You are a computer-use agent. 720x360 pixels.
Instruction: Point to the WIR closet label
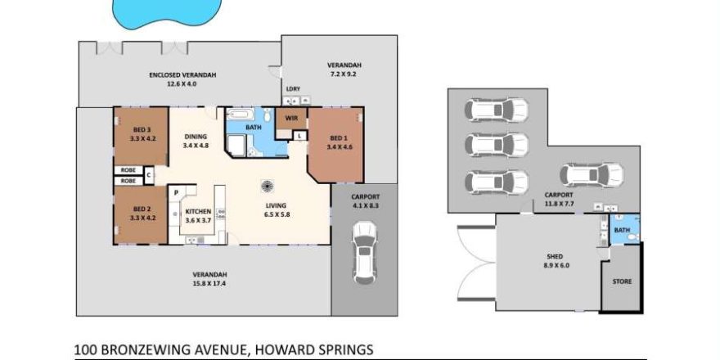pos(291,119)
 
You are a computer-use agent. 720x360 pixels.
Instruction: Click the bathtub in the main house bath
pos(238,115)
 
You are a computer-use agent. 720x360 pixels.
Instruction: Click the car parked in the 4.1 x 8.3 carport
pos(365,254)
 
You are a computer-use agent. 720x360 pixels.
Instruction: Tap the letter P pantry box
pos(175,193)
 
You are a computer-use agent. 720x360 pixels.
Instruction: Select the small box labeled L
pos(299,136)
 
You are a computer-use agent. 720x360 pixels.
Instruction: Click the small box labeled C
pos(149,174)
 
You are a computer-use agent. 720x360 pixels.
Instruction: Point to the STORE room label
pos(622,281)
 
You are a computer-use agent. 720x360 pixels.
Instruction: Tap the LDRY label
pos(293,88)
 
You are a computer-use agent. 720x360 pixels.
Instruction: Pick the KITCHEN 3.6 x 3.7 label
pos(198,216)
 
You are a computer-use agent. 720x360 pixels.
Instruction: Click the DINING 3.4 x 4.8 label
pos(196,141)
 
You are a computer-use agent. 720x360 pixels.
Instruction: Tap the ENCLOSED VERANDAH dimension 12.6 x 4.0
pos(182,84)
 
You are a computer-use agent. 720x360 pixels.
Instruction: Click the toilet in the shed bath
pos(632,237)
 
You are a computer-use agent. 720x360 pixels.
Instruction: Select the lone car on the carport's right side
pos(592,175)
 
